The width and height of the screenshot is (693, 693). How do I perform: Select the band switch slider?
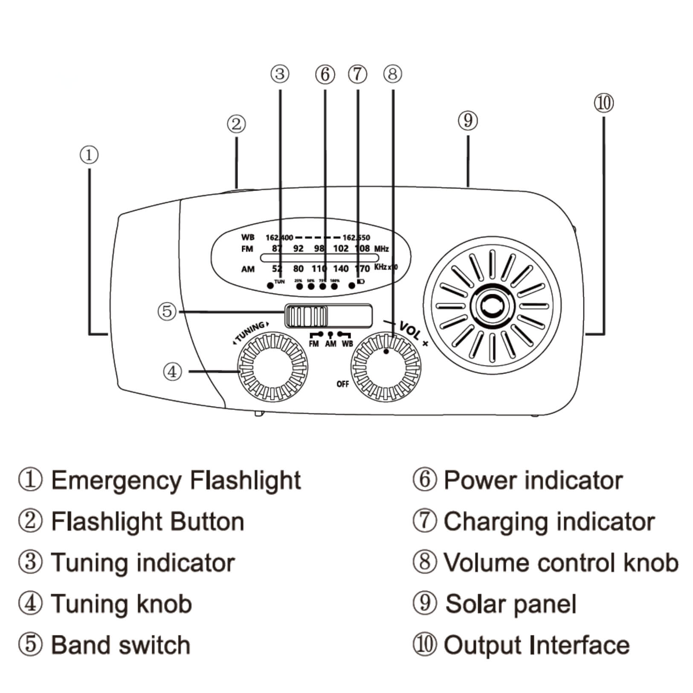pyautogui.click(x=306, y=316)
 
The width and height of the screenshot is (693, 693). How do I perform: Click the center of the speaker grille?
pyautogui.click(x=492, y=305)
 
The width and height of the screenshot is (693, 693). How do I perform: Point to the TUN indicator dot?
pyautogui.click(x=270, y=285)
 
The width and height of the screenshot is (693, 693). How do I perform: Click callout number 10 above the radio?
pyautogui.click(x=603, y=104)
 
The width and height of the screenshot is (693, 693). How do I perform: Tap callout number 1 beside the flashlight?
pyautogui.click(x=89, y=155)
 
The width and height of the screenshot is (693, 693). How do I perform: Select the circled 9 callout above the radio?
pyautogui.click(x=468, y=121)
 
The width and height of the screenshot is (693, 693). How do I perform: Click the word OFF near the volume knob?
pyautogui.click(x=342, y=384)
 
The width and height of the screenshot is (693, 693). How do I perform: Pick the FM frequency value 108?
pyautogui.click(x=362, y=248)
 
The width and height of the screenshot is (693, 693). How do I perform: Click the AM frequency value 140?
pyautogui.click(x=341, y=269)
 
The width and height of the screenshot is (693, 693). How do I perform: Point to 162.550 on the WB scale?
pyautogui.click(x=357, y=238)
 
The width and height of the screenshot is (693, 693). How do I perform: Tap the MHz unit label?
pyautogui.click(x=381, y=249)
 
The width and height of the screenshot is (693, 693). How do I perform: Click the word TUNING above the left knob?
pyautogui.click(x=251, y=332)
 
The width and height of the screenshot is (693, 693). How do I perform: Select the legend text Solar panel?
pyautogui.click(x=510, y=604)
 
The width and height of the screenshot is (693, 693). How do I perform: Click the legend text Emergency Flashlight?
pyautogui.click(x=176, y=480)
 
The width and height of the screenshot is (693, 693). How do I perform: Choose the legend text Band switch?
pyautogui.click(x=121, y=645)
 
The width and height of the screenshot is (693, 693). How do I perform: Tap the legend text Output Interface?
pyautogui.click(x=536, y=645)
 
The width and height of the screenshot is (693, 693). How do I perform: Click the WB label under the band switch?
pyautogui.click(x=347, y=344)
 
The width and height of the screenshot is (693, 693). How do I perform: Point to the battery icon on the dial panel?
pyautogui.click(x=361, y=282)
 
